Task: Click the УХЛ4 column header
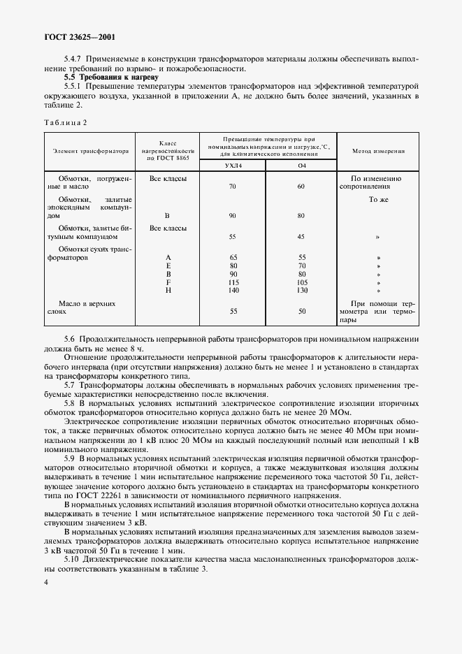coord(233,166)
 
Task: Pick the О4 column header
coord(301,166)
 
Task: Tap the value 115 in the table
coord(233,282)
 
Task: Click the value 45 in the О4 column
coord(301,236)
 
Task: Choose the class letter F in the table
coord(168,282)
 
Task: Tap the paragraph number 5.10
coord(72,560)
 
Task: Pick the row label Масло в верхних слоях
coord(87,309)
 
